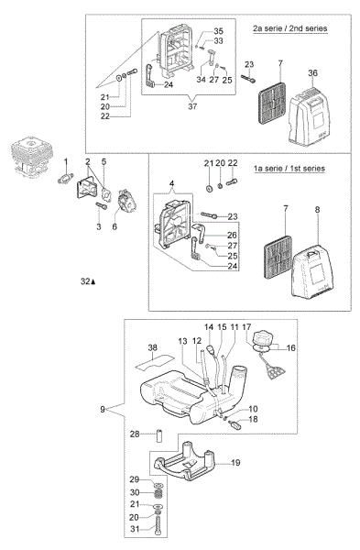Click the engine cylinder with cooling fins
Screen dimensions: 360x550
click(x=32, y=154)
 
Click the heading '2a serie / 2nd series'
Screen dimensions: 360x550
click(x=289, y=28)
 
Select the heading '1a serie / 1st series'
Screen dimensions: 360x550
click(x=289, y=169)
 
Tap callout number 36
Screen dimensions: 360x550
click(x=312, y=73)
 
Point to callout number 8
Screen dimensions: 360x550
click(x=317, y=210)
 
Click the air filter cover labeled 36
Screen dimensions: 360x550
click(x=309, y=116)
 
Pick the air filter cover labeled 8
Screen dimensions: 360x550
click(x=312, y=271)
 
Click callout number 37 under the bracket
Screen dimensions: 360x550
click(x=192, y=106)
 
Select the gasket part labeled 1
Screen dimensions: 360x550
click(x=65, y=179)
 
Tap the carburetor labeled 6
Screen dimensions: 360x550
click(x=126, y=201)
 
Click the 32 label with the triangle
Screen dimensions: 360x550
click(x=88, y=281)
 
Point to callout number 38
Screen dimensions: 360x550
click(x=152, y=347)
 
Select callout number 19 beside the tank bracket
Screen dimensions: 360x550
click(x=235, y=463)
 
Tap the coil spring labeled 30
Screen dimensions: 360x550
click(x=158, y=495)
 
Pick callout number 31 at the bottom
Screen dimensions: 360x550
click(x=135, y=529)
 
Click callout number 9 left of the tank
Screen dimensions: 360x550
click(x=103, y=409)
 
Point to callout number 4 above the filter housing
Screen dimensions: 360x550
click(x=171, y=183)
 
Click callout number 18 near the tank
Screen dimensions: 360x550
click(x=253, y=419)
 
